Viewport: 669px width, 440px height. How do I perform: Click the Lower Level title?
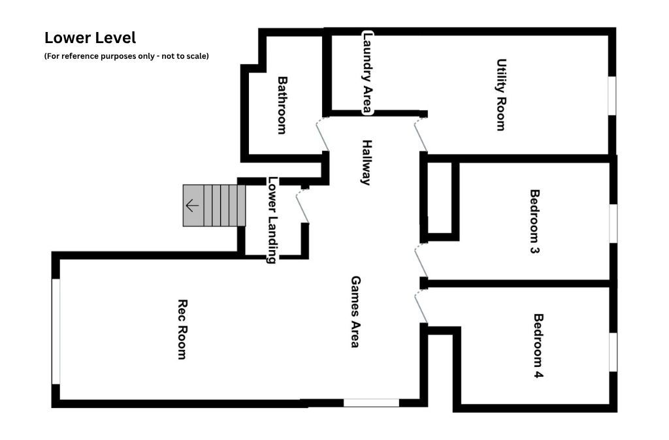pos(90,38)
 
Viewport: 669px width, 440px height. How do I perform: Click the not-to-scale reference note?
pos(126,56)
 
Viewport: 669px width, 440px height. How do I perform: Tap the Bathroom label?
pos(282,105)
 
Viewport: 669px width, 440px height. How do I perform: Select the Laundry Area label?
pos(367,72)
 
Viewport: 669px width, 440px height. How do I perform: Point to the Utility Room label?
pos(501,95)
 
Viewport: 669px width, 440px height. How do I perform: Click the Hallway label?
pos(367,163)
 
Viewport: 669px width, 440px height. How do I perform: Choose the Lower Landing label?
pos(272,220)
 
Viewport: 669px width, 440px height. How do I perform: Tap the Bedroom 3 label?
pos(534,221)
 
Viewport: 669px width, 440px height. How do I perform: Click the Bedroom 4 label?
pos(538,346)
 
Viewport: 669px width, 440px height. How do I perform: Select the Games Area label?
pos(355,311)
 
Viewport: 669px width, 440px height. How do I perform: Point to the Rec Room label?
pos(183,330)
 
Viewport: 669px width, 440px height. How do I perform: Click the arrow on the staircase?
pos(192,206)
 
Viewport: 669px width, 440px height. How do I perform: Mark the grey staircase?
pos(214,206)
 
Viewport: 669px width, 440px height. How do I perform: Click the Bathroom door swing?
pos(322,134)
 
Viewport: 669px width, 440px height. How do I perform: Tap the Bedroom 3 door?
pos(421,260)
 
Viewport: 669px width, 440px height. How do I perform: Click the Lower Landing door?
pos(302,206)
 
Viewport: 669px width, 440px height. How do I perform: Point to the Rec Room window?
pos(56,332)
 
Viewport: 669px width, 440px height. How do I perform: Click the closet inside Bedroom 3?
pos(440,197)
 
